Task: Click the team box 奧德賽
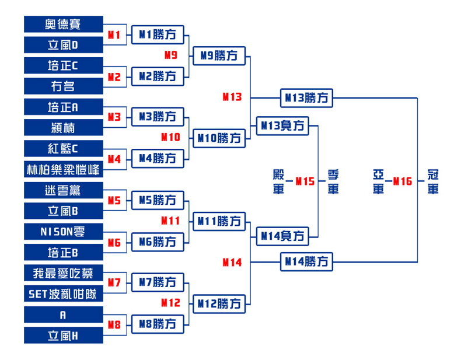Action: [x=64, y=24]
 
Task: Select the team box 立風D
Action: [x=64, y=45]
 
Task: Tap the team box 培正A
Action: [x=64, y=107]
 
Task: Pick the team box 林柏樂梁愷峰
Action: [x=64, y=169]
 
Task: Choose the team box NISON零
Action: [x=64, y=232]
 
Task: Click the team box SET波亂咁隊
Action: [x=64, y=293]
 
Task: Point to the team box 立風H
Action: [x=64, y=335]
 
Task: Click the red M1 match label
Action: [x=114, y=35]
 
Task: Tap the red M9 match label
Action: [x=171, y=55]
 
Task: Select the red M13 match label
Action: [x=232, y=97]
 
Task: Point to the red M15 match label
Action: [x=305, y=181]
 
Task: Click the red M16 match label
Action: [x=403, y=181]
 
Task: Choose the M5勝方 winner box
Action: [x=158, y=201]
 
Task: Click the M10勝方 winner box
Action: [x=219, y=138]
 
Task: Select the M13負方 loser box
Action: [x=282, y=126]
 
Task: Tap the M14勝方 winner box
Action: [x=306, y=261]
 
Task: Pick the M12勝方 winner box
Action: [x=219, y=304]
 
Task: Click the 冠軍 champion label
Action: [x=433, y=181]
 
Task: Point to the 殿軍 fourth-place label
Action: [x=278, y=181]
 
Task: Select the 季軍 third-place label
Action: [x=333, y=181]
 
